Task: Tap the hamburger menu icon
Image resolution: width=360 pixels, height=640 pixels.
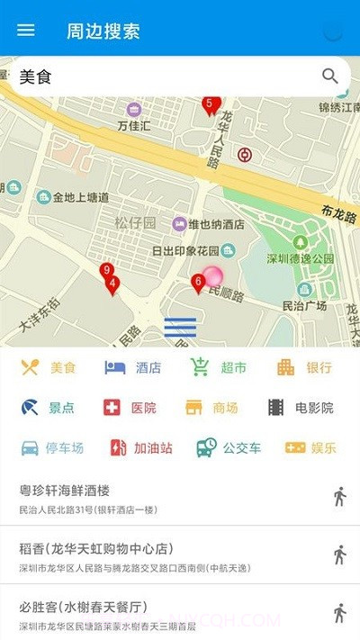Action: (x=26, y=30)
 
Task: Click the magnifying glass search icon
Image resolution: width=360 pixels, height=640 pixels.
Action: (x=330, y=77)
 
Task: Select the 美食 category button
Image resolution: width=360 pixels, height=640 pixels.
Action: (x=49, y=367)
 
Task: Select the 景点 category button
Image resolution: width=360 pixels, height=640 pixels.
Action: (x=49, y=408)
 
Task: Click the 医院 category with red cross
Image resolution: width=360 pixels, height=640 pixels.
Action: (x=130, y=408)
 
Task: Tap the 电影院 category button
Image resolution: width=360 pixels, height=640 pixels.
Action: (x=301, y=408)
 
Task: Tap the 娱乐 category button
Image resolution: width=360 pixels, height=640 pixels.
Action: (x=310, y=447)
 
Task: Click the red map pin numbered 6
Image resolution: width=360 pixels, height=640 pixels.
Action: (x=198, y=284)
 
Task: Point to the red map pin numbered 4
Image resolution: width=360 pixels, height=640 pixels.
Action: (x=112, y=285)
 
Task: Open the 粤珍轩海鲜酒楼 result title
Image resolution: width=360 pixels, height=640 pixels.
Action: (x=65, y=491)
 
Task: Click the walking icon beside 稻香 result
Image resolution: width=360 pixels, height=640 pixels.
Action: (x=339, y=554)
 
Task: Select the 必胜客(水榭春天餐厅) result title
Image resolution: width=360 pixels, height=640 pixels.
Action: (x=83, y=607)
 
